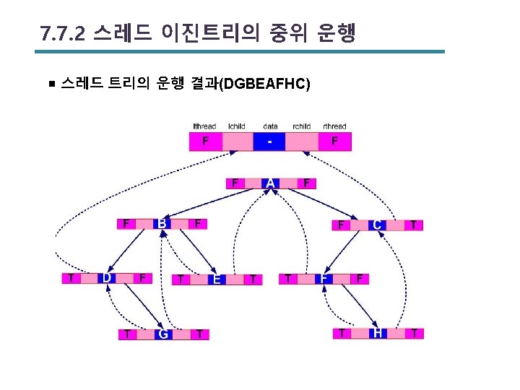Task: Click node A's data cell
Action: pos(270,183)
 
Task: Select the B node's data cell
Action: pos(162,224)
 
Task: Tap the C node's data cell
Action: pos(377,225)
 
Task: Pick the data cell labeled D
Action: pos(107,278)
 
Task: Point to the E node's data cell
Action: pos(216,279)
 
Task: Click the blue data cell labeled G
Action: pos(163,334)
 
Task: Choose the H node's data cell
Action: pos(378,333)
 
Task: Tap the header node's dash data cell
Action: pos(269,142)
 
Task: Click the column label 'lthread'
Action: pos(204,126)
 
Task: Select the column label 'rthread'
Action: pos(334,126)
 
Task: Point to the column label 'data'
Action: pos(270,126)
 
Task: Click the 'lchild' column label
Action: pos(236,126)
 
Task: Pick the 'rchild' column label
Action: pos(301,126)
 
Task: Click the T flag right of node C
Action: pos(412,225)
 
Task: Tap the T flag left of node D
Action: pos(71,278)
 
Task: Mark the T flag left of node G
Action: pos(128,334)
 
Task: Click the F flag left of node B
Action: pos(126,224)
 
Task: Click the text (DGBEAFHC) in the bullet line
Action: pos(265,84)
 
